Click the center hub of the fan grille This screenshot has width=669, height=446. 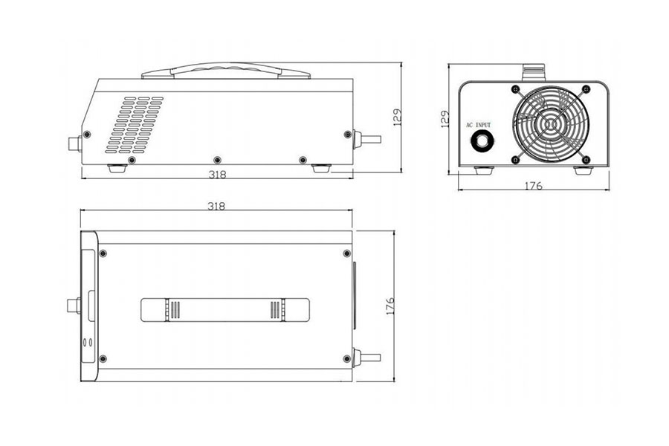[551, 125]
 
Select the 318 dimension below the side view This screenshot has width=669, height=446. [216, 175]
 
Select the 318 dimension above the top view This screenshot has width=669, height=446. [216, 206]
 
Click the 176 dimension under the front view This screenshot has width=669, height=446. [533, 186]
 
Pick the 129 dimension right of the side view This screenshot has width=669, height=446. [397, 117]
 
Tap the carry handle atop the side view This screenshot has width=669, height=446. [225, 72]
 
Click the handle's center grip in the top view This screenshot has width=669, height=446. [225, 309]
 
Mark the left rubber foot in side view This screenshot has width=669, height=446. [117, 169]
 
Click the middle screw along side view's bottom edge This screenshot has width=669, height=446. [217, 160]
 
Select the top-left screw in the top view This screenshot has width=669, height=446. [103, 253]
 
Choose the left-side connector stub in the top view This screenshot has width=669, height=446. [73, 306]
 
